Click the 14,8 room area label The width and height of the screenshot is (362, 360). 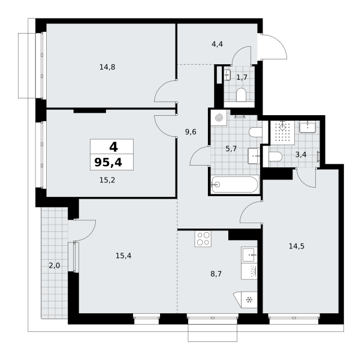pyautogui.click(x=107, y=67)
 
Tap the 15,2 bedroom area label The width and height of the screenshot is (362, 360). pyautogui.click(x=107, y=180)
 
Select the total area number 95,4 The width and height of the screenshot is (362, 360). pyautogui.click(x=108, y=163)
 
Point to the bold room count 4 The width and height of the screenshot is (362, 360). pyautogui.click(x=113, y=147)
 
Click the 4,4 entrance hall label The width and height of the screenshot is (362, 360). pyautogui.click(x=217, y=44)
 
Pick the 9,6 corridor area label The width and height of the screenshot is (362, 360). pyautogui.click(x=191, y=132)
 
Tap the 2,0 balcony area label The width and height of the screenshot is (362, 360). pyautogui.click(x=55, y=266)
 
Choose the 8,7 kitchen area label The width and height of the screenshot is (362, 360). pyautogui.click(x=216, y=274)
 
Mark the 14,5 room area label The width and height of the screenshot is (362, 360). pyautogui.click(x=297, y=247)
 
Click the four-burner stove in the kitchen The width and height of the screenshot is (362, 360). pyautogui.click(x=203, y=239)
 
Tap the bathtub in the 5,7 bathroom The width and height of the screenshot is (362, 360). pyautogui.click(x=235, y=185)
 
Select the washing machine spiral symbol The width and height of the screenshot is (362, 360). pyautogui.click(x=219, y=118)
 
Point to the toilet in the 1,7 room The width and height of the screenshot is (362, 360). pyautogui.click(x=242, y=95)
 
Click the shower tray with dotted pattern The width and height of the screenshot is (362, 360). pyautogui.click(x=282, y=133)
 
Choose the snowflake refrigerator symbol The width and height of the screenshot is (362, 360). pyautogui.click(x=249, y=300)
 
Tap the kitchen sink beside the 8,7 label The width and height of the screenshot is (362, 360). pyautogui.click(x=249, y=255)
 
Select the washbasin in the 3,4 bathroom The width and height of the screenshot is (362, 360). pyautogui.click(x=307, y=127)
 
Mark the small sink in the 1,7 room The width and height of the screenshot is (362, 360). pyautogui.click(x=227, y=75)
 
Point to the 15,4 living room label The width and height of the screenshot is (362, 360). pyautogui.click(x=123, y=256)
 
